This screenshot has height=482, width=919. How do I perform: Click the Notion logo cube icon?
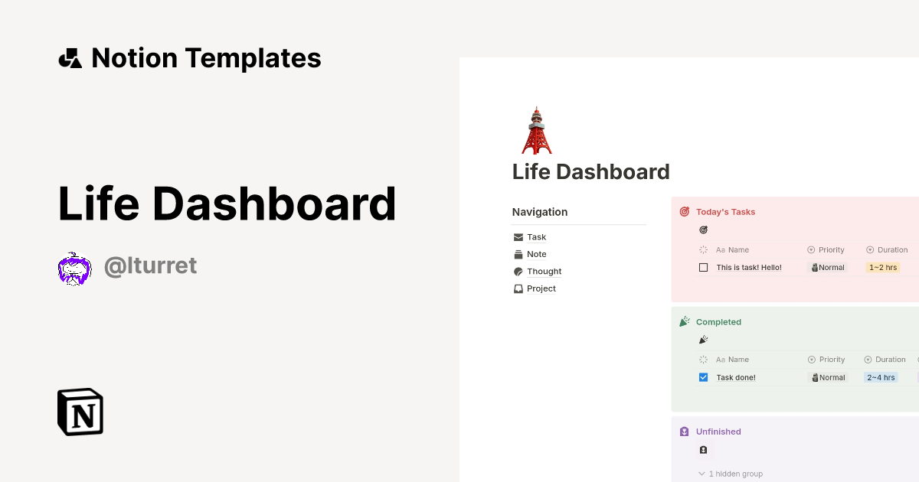[80, 412]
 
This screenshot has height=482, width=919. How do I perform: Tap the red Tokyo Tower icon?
[536, 131]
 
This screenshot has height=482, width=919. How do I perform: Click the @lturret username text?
[150, 265]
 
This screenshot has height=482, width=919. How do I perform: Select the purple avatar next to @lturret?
[74, 269]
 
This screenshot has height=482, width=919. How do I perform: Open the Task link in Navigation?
[536, 237]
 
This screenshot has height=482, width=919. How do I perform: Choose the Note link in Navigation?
[536, 254]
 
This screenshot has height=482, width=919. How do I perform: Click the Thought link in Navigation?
[544, 272]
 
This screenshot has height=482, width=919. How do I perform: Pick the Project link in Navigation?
[541, 288]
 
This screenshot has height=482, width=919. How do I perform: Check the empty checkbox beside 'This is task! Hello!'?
[704, 268]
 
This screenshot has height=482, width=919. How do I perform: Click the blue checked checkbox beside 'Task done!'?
[704, 377]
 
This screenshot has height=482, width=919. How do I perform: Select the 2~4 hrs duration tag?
[880, 377]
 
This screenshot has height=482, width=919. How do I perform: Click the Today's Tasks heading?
[725, 212]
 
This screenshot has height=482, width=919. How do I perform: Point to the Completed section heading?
[718, 322]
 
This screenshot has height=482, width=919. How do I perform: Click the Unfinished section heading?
[718, 432]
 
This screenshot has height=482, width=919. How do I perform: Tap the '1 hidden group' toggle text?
[735, 474]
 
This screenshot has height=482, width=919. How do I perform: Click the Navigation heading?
[540, 212]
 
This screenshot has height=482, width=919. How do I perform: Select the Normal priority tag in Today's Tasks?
[828, 268]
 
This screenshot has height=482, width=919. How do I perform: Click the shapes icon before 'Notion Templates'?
[70, 58]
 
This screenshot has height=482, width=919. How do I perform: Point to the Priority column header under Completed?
[832, 360]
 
